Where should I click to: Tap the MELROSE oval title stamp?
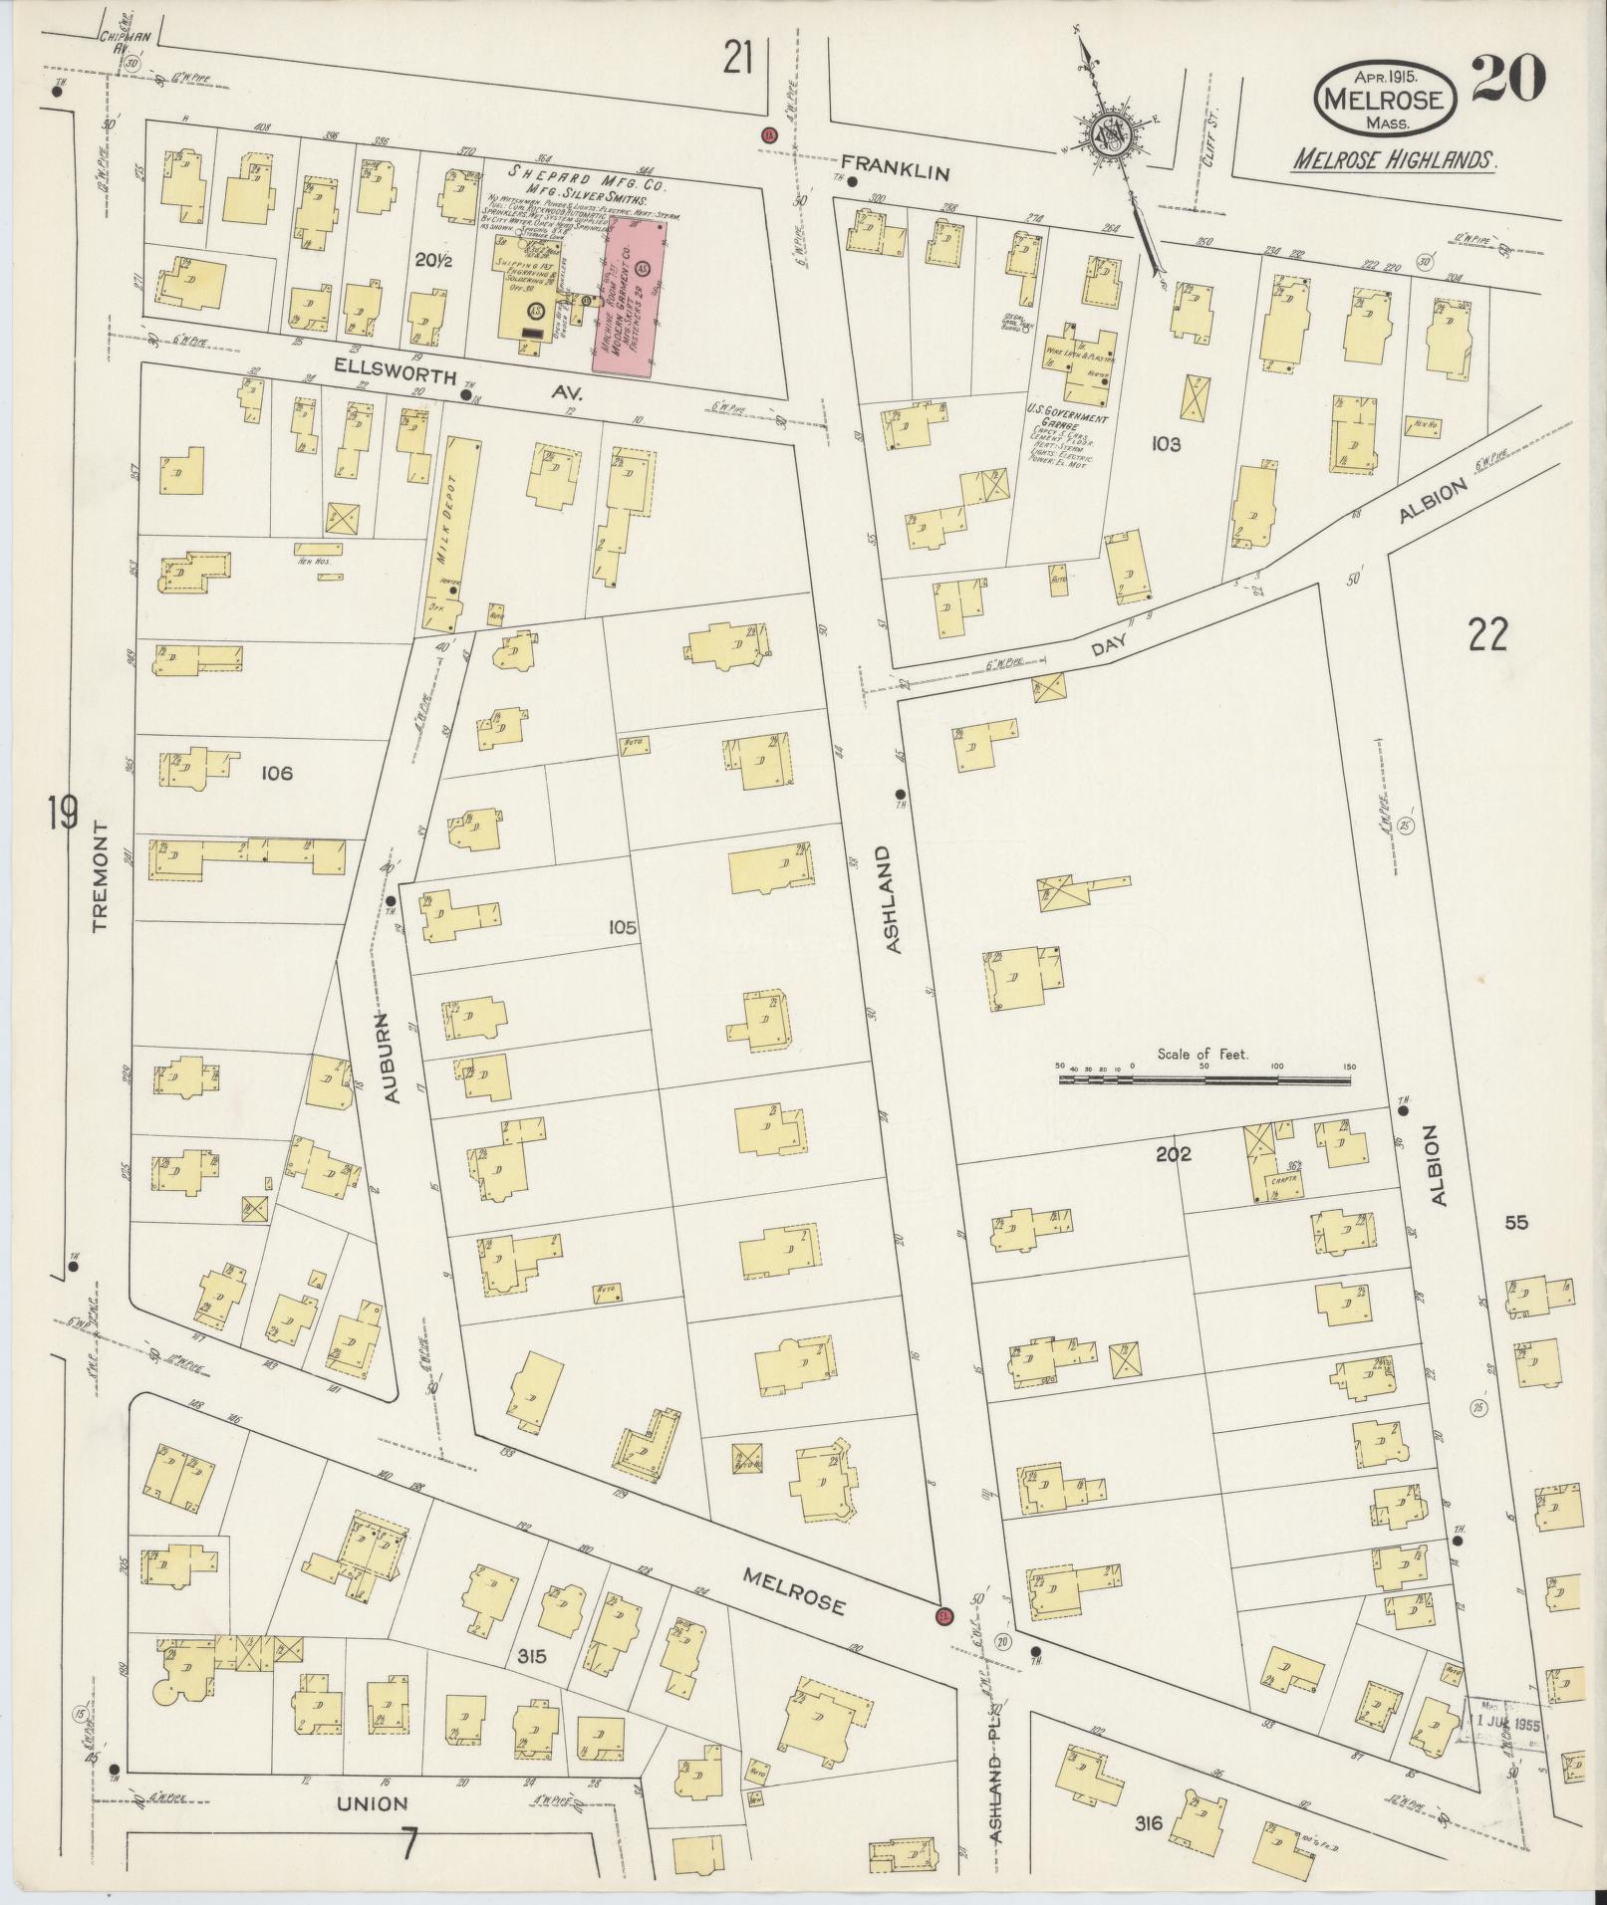point(1387,99)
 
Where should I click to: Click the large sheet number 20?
point(1507,79)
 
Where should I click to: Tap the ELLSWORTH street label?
point(397,377)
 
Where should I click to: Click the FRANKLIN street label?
point(895,172)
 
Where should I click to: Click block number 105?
point(623,927)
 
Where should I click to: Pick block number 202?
point(1174,1154)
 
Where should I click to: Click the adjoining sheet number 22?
point(1487,634)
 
